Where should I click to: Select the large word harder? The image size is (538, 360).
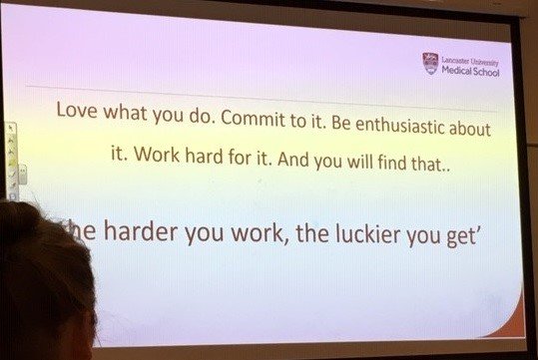pos(153,234)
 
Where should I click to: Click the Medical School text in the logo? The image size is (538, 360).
pos(470,72)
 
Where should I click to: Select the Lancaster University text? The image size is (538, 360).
pos(470,62)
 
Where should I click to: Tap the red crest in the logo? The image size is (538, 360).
pos(430,64)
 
